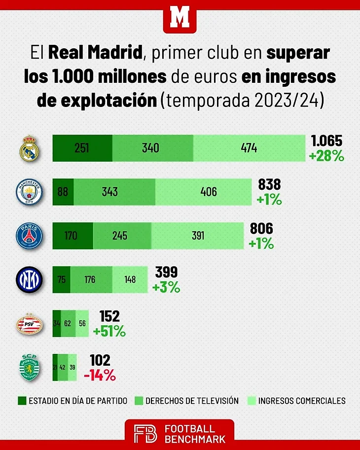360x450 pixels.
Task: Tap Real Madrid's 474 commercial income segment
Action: [x=249, y=148]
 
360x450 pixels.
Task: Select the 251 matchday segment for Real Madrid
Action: [x=82, y=148]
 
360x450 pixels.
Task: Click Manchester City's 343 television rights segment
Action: [x=114, y=192]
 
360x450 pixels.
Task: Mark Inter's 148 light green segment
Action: [x=130, y=279]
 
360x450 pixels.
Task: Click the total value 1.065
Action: [x=326, y=141]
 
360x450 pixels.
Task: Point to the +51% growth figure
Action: [x=109, y=331]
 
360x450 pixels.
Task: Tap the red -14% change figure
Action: [x=100, y=375]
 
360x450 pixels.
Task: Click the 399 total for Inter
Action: [x=166, y=272]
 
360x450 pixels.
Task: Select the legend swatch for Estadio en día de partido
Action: [x=21, y=401]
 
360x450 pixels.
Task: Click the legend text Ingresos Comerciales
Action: [x=302, y=401]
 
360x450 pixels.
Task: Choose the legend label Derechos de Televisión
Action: [x=199, y=401]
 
